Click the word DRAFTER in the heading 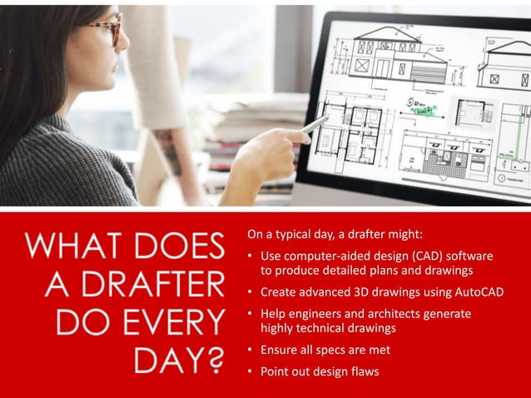(x=154, y=284)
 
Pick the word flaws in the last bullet (x=363, y=371)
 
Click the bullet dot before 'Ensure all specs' (x=251, y=350)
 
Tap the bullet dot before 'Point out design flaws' (x=251, y=371)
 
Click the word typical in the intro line (x=296, y=232)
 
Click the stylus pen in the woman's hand (x=315, y=125)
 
